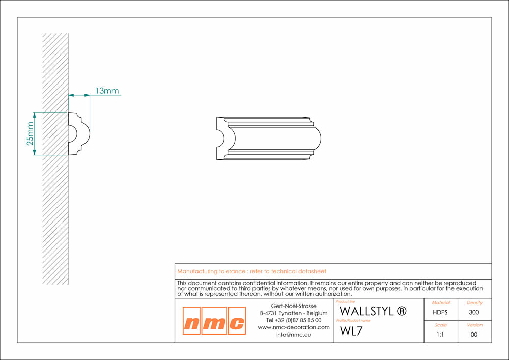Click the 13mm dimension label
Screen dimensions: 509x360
pyautogui.click(x=107, y=91)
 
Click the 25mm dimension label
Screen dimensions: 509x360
pyautogui.click(x=30, y=133)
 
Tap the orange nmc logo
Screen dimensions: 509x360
pyautogui.click(x=214, y=320)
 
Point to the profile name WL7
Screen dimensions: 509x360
pyautogui.click(x=351, y=331)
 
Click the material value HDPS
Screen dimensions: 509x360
pyautogui.click(x=440, y=312)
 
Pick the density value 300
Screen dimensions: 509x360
pyautogui.click(x=474, y=312)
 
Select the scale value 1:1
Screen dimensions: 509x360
pyautogui.click(x=440, y=335)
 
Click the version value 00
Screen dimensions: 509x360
pyautogui.click(x=474, y=335)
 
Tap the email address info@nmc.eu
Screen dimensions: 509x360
pyautogui.click(x=294, y=335)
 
